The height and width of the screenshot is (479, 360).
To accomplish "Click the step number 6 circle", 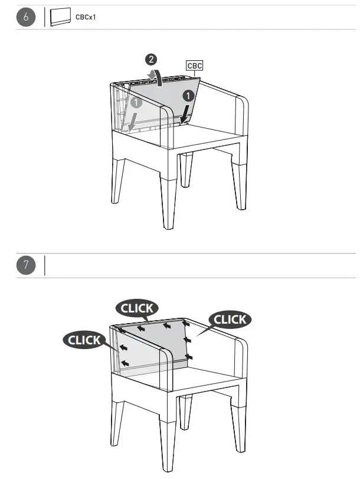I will (x=26, y=18).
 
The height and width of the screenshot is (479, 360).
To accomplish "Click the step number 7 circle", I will (x=26, y=265).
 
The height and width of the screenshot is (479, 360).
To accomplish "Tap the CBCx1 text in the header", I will (x=85, y=18).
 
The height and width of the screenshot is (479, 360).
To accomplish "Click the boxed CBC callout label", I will (x=194, y=66).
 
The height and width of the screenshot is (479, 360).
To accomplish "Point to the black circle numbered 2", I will (x=152, y=59).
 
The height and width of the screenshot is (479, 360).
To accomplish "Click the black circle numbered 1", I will (x=188, y=96).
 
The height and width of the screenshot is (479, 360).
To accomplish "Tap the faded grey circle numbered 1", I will (x=136, y=102).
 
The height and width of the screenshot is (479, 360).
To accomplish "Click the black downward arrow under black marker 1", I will (x=185, y=115).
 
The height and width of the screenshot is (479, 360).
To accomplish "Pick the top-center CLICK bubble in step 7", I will (x=138, y=308).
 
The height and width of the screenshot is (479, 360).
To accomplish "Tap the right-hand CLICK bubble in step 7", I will (x=230, y=320).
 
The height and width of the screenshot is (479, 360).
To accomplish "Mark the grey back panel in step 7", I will (x=153, y=348).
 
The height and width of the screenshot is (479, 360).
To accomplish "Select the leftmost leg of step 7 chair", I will (x=117, y=422).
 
